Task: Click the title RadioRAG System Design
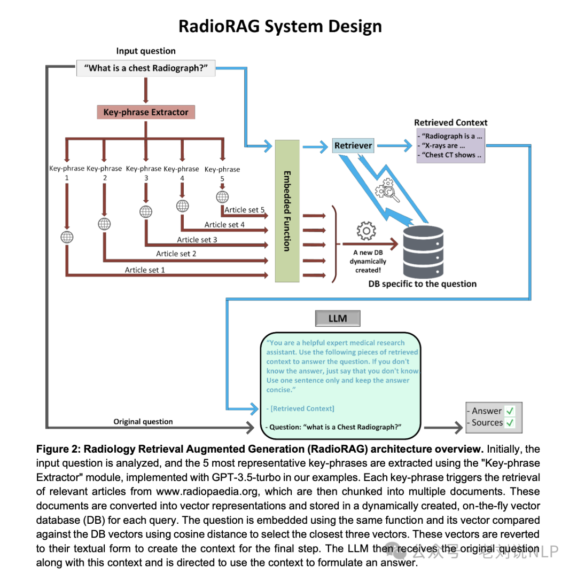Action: click(280, 26)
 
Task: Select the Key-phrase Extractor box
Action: click(146, 112)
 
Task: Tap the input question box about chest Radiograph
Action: click(146, 68)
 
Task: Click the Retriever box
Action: click(353, 145)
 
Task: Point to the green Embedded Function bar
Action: click(287, 211)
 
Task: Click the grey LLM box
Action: click(337, 319)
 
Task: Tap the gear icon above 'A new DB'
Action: click(366, 231)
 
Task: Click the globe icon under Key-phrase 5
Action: click(222, 196)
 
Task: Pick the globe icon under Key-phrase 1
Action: click(67, 237)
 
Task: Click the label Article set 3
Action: click(197, 240)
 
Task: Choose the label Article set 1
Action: click(145, 270)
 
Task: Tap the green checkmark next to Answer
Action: click(510, 411)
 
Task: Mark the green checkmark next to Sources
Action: click(510, 423)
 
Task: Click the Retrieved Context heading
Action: click(451, 122)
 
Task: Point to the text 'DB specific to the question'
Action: click(422, 283)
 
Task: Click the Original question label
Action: click(143, 421)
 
